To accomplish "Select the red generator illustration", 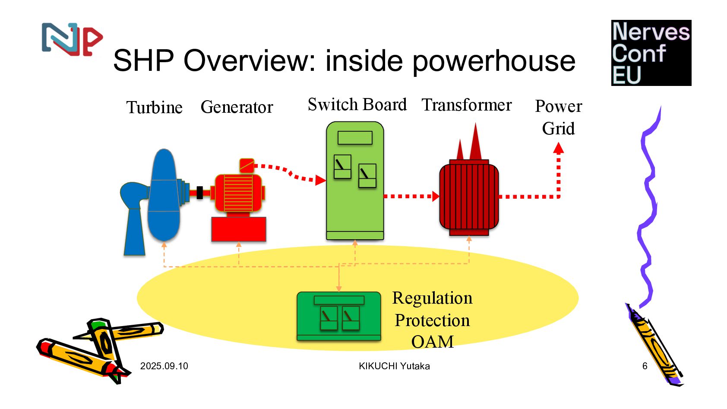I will [238, 194].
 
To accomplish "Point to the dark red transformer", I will [469, 197].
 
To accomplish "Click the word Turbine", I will [154, 108].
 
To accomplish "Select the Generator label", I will [237, 107].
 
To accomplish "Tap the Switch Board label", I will [357, 105].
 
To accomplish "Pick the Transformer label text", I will [467, 105].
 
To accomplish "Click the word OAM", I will [432, 342].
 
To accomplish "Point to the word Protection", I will [432, 320].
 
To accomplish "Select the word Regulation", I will [432, 298].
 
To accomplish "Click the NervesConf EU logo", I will [651, 53].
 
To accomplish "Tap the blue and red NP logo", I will [72, 39].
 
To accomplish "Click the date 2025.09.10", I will [164, 366].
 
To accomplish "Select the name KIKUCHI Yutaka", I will [394, 366].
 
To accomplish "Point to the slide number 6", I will [645, 366].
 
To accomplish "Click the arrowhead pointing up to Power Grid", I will [559, 149].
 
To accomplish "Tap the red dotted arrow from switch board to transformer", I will [410, 197].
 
